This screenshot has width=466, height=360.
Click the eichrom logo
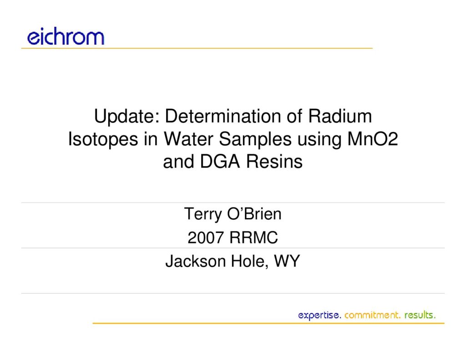pos(66,36)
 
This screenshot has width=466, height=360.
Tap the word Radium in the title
pos(339,116)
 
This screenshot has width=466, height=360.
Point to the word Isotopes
pos(103,139)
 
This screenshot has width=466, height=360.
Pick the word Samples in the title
pos(255,139)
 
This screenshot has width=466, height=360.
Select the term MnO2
pos(372,139)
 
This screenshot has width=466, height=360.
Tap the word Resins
pos(274,162)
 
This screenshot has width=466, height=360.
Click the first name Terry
pos(203,214)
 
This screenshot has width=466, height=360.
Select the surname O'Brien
pos(254,214)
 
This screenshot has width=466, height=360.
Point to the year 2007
pos(205,238)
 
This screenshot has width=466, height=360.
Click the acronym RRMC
pos(253,238)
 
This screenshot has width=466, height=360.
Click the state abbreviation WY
pos(287,261)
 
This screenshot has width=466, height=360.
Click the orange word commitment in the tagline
pos(373,315)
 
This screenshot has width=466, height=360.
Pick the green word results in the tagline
pos(420,315)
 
